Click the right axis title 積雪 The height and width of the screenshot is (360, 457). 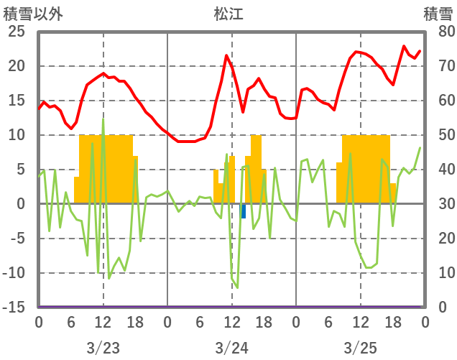tap(438, 14)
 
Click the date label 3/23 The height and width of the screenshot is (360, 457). tap(103, 348)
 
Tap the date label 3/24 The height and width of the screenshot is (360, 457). tap(231, 348)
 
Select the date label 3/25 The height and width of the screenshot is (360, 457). tap(360, 348)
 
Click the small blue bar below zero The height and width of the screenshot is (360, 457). tap(244, 211)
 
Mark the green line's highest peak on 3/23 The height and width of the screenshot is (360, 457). tap(103, 119)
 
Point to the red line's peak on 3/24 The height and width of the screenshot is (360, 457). tap(226, 55)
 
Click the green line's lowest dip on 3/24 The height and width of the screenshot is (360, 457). tap(237, 287)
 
